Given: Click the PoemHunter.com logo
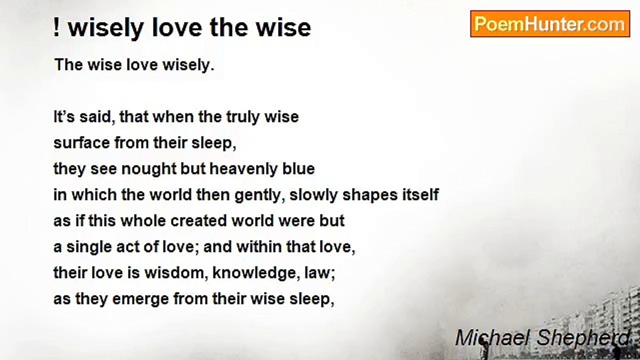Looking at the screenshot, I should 549,24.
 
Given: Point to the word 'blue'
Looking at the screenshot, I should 299,169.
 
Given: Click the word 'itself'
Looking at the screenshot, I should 420,195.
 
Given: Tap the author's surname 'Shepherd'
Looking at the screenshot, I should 583,338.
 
